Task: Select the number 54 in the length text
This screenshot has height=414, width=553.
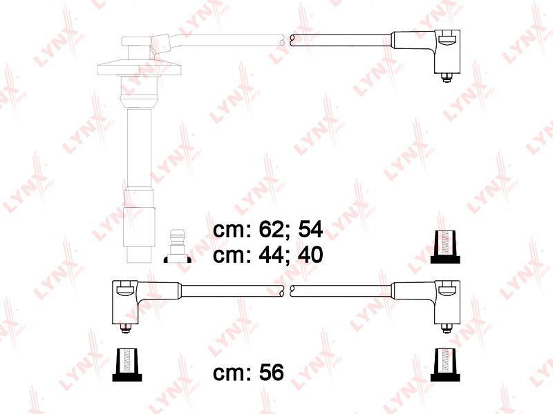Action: point(310,230)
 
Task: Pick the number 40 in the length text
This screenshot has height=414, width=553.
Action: point(310,255)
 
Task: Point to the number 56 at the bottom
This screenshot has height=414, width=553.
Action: point(271,372)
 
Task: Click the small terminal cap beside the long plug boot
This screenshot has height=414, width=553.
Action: point(178,246)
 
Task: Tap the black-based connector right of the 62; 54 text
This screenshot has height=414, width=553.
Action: point(445,247)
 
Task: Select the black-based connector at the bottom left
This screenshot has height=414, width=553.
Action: point(127,365)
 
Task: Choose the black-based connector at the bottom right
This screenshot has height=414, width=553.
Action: point(445,365)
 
